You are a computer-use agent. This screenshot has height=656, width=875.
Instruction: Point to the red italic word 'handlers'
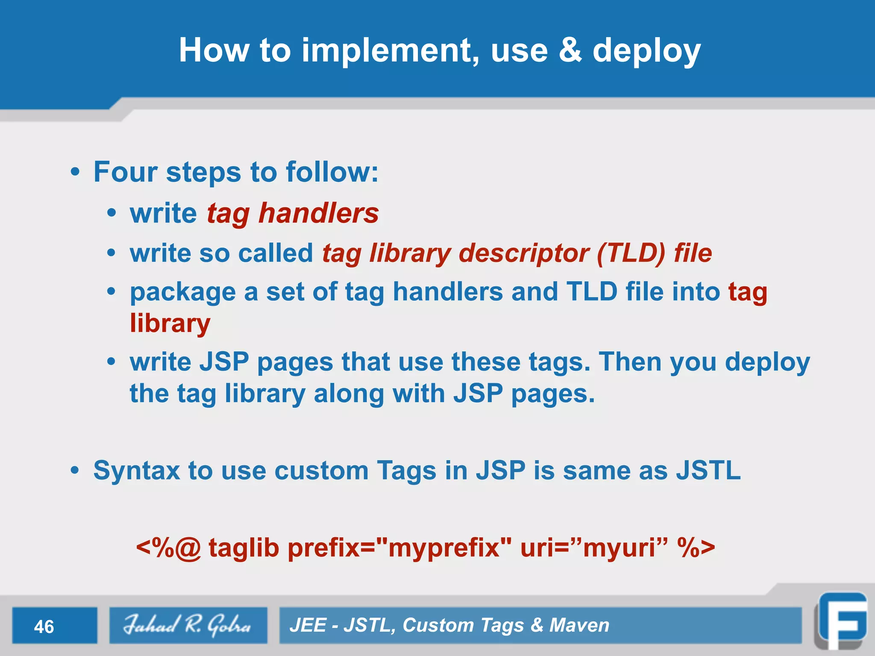[319, 213]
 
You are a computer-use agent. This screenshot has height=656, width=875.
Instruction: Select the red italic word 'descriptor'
[524, 254]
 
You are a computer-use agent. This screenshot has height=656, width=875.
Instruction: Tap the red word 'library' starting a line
[170, 324]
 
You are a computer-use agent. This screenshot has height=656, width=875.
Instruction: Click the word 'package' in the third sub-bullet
[183, 293]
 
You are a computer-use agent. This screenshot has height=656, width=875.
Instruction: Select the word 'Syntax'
[137, 471]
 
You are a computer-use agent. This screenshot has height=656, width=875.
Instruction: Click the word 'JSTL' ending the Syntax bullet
[708, 470]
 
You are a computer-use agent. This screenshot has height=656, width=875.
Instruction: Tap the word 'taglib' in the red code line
[244, 548]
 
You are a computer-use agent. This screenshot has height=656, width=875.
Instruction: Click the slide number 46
[44, 627]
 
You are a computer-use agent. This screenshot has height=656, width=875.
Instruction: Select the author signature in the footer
[188, 625]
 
